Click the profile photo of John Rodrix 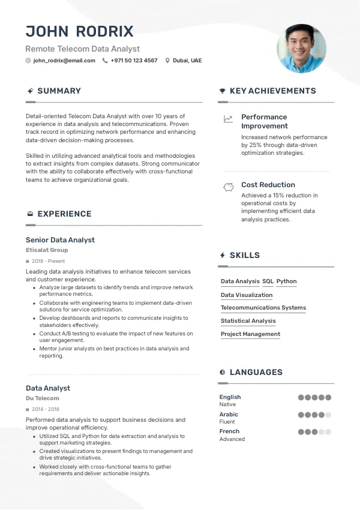(x=301, y=49)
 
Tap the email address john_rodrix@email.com (x=64, y=61)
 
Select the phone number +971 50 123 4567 (x=134, y=61)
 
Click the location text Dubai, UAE (x=187, y=61)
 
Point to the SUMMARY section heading (x=59, y=91)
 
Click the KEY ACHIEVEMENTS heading (x=272, y=91)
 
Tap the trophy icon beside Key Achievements (x=223, y=91)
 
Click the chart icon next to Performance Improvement (x=228, y=119)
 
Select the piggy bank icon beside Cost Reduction (x=228, y=187)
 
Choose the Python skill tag (x=286, y=281)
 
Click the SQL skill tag (x=268, y=281)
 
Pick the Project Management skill (x=250, y=334)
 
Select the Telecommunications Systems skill (x=263, y=308)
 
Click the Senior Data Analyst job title (x=60, y=240)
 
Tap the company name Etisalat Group (x=47, y=250)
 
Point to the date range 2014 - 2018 (x=46, y=409)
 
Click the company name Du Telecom (x=43, y=398)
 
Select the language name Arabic (x=229, y=415)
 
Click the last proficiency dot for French (x=328, y=431)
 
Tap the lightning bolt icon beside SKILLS (x=223, y=255)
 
